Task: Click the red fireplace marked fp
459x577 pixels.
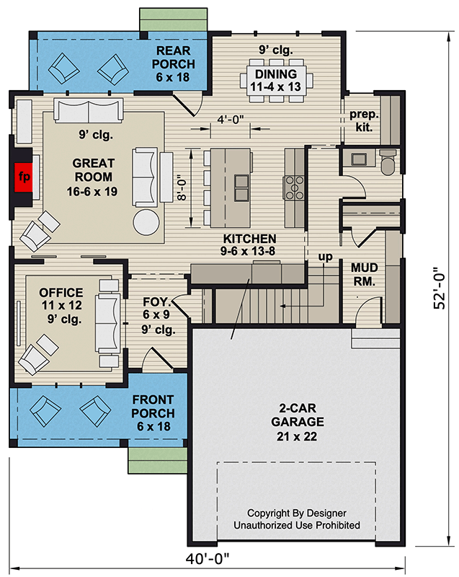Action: point(22,176)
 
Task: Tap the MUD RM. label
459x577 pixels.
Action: point(364,273)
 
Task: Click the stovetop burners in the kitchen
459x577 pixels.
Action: point(293,186)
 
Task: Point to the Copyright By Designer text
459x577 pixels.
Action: point(295,513)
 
